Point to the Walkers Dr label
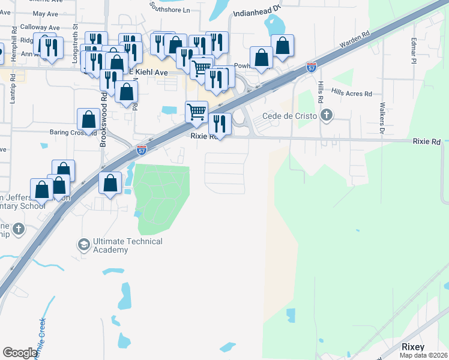pyautogui.click(x=381, y=117)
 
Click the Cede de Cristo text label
pyautogui.click(x=291, y=116)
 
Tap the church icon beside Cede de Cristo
pyautogui.click(x=326, y=115)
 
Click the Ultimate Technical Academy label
pyautogui.click(x=127, y=245)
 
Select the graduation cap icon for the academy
pyautogui.click(x=83, y=244)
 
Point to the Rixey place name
pyautogui.click(x=413, y=347)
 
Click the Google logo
pyautogui.click(x=20, y=353)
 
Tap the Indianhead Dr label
pyautogui.click(x=256, y=11)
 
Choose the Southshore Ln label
pyautogui.click(x=170, y=9)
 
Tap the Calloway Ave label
pyautogui.click(x=40, y=28)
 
